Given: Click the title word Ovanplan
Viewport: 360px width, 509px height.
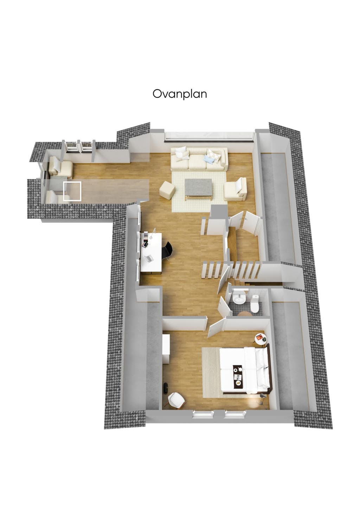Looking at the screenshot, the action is tap(180, 94).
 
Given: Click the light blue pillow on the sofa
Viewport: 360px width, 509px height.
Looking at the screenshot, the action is tap(210, 159).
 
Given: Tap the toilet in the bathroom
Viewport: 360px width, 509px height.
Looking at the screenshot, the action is tap(256, 303).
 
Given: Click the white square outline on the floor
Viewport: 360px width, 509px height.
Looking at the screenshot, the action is tap(72, 191).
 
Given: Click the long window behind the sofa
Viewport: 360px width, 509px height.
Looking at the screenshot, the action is tap(209, 135).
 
